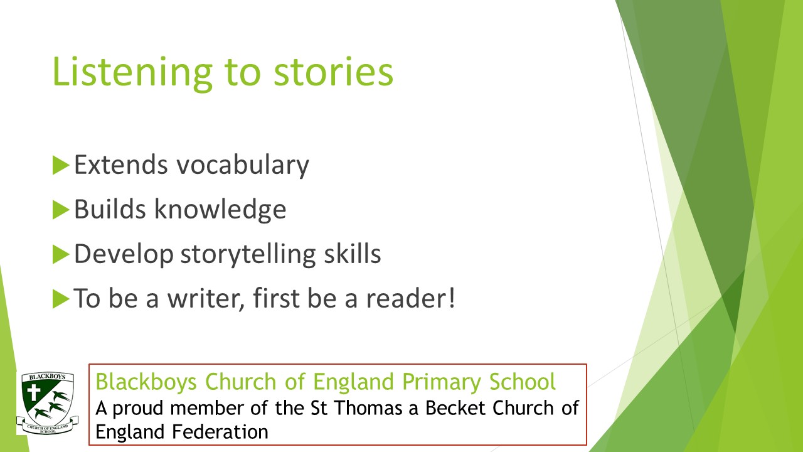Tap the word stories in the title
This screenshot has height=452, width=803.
point(333,72)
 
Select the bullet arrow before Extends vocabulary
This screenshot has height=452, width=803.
point(61,165)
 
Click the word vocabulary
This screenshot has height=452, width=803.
point(243,166)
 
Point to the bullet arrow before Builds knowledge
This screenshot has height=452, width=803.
point(61,210)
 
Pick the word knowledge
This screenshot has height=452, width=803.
point(220,210)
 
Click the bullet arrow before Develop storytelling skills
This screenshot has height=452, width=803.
point(61,254)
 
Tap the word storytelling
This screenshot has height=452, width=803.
point(248,255)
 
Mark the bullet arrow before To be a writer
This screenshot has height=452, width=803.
point(61,298)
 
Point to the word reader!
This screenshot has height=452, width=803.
point(410,298)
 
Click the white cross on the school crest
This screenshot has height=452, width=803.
point(34,392)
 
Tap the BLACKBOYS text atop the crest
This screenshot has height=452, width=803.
point(47,377)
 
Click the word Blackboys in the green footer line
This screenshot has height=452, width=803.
point(146,382)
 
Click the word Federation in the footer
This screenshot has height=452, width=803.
point(220,431)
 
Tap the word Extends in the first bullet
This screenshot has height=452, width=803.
point(121,165)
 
